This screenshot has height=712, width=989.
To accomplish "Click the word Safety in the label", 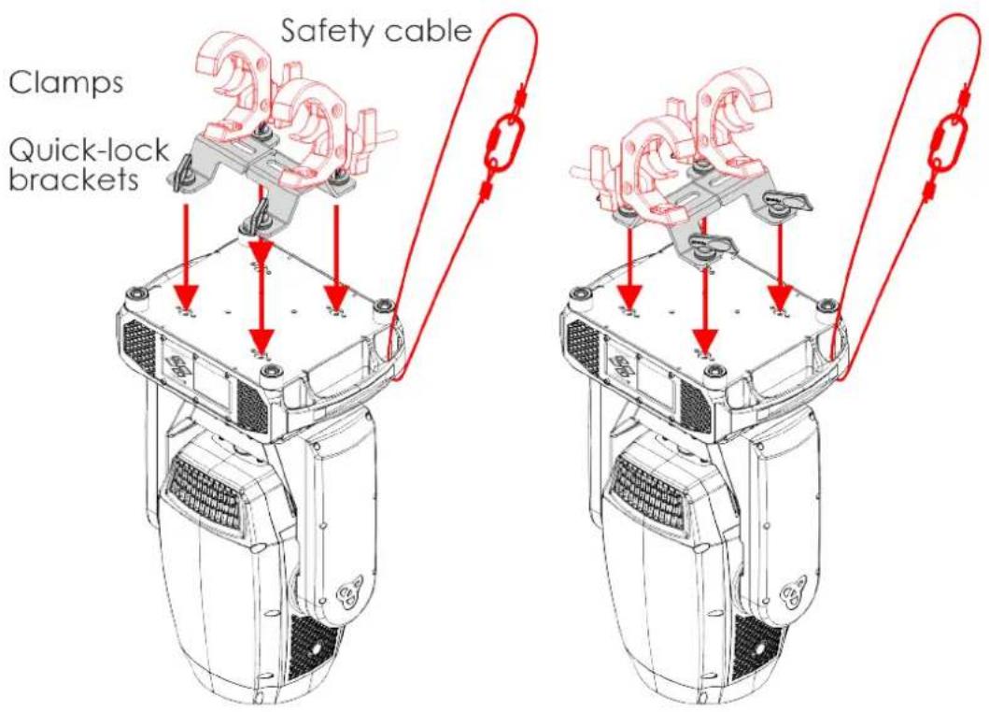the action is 326,31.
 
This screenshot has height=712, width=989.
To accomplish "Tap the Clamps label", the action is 65,82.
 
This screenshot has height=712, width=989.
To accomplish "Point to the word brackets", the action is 74,179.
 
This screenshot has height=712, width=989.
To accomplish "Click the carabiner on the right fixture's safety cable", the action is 950,145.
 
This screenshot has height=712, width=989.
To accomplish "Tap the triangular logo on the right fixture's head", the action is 792,592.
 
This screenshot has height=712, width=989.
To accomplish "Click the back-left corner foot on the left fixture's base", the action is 137,294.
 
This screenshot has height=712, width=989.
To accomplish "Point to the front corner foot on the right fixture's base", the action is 714,371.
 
